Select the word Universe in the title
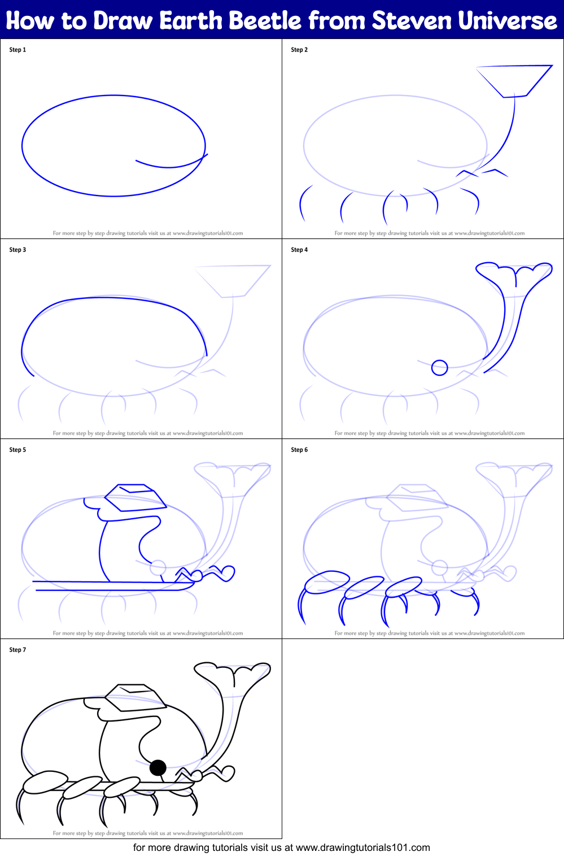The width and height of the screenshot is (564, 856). pos(508,20)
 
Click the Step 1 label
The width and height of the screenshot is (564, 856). pos(18,50)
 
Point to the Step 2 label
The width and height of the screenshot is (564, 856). pos(299,50)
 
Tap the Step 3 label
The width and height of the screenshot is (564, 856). pos(18,250)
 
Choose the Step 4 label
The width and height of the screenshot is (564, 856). pos(299,250)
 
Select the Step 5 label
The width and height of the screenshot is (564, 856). pos(18,449)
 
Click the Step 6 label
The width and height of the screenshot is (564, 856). pos(299,449)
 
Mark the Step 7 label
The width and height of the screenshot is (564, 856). pos(18,650)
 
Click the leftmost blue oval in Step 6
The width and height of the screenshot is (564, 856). pos(327,582)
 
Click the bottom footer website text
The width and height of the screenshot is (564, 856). pos(281,848)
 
